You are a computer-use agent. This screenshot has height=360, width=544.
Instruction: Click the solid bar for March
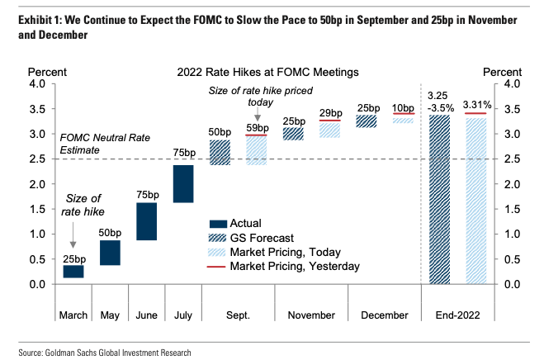click(x=73, y=271)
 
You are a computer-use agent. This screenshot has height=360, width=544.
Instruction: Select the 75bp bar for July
click(x=183, y=183)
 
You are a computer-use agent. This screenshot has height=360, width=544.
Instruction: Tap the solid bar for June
click(x=147, y=220)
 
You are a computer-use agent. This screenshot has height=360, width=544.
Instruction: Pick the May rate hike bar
click(x=111, y=253)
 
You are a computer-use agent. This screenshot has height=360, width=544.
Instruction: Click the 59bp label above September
click(x=257, y=128)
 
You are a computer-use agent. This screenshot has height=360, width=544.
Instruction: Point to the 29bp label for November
click(x=330, y=112)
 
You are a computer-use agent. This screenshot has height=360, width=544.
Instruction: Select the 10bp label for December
click(x=403, y=108)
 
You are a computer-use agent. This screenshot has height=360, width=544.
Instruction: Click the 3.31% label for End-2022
click(x=477, y=104)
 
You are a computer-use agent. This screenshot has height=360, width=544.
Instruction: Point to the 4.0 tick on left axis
click(x=40, y=84)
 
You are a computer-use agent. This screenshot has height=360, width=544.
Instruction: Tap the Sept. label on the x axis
click(x=238, y=315)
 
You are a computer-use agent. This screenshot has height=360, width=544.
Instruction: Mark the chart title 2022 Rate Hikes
click(x=267, y=73)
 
